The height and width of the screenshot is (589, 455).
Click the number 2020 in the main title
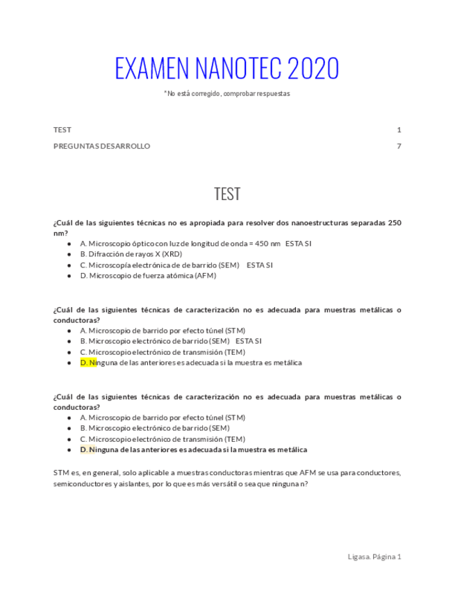pos(313,69)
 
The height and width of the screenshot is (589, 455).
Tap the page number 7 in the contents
pos(399,146)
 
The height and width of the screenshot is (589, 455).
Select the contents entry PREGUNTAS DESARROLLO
pos(101,146)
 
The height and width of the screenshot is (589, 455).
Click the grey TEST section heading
pos(227,194)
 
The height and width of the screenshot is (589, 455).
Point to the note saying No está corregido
pos(227,93)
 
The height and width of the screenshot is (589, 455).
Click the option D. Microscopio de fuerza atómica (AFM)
pos(148,275)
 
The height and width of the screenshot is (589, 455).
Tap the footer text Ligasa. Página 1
pos(374,556)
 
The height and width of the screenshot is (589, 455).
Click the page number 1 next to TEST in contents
pos(399,130)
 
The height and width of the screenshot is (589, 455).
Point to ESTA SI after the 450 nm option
pos(299,244)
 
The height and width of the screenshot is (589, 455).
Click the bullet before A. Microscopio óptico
pos(69,244)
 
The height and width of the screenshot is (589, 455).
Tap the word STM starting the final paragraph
pos(61,472)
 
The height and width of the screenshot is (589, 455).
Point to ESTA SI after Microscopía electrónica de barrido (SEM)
pos(260,265)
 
